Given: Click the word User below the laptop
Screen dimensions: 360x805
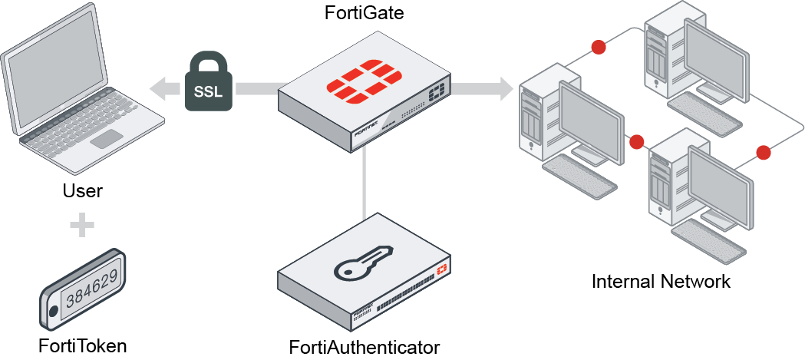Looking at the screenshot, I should pos(82,190).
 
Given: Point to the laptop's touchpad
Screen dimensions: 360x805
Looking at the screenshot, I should pos(106,139).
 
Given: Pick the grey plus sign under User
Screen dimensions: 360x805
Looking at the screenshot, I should pos(82,226).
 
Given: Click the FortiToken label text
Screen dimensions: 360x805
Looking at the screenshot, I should pos(82,345).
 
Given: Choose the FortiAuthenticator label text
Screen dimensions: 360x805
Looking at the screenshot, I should pos(365,346).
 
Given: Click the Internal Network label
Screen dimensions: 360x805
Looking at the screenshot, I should pos(661,281).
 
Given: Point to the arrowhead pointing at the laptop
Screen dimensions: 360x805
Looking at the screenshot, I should pos(160,88).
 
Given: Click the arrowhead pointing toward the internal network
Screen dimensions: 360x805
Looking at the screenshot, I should pos(504,88).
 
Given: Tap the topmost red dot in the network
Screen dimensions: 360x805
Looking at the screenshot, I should pos(598,48).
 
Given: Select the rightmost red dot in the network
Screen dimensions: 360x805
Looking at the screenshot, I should pos(763,152).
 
